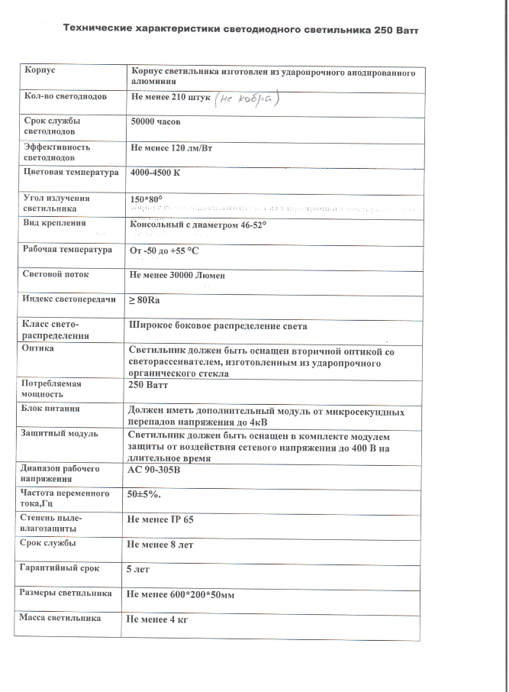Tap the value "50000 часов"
(157, 121)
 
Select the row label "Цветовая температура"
(71, 173)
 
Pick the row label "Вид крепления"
(54, 224)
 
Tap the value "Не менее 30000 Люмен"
(178, 275)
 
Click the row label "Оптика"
(38, 348)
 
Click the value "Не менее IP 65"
(161, 519)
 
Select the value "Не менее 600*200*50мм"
(179, 593)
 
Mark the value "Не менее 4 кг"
(158, 619)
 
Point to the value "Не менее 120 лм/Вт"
(172, 146)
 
